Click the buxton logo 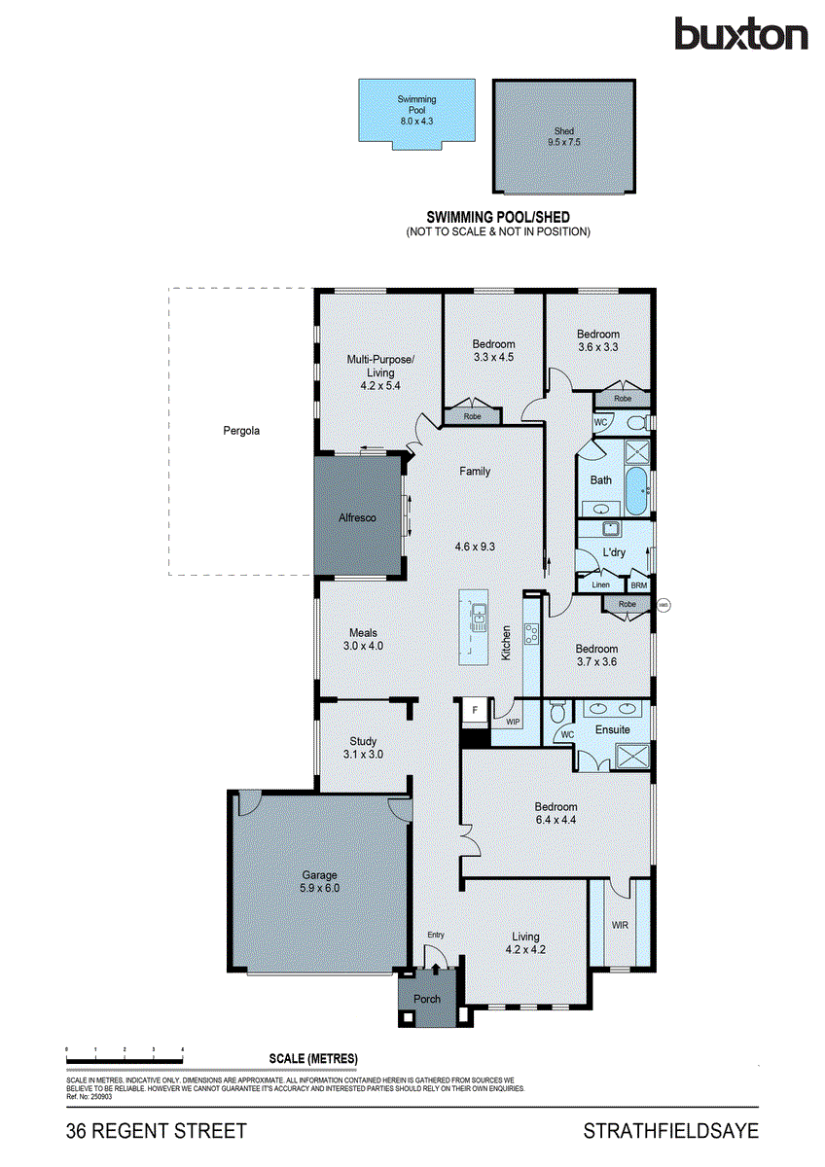click(x=741, y=35)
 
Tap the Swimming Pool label click(x=415, y=105)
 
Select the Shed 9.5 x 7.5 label click(x=565, y=136)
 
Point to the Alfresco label click(x=357, y=517)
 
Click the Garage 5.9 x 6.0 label click(x=319, y=881)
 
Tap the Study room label click(x=363, y=747)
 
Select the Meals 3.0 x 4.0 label click(x=363, y=639)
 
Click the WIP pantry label click(x=513, y=722)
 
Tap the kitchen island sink click(x=480, y=616)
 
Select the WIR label click(x=620, y=926)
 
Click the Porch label click(x=427, y=999)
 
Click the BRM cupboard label click(x=638, y=585)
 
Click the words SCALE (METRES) click(x=313, y=1059)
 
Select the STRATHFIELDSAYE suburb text click(x=670, y=1131)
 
